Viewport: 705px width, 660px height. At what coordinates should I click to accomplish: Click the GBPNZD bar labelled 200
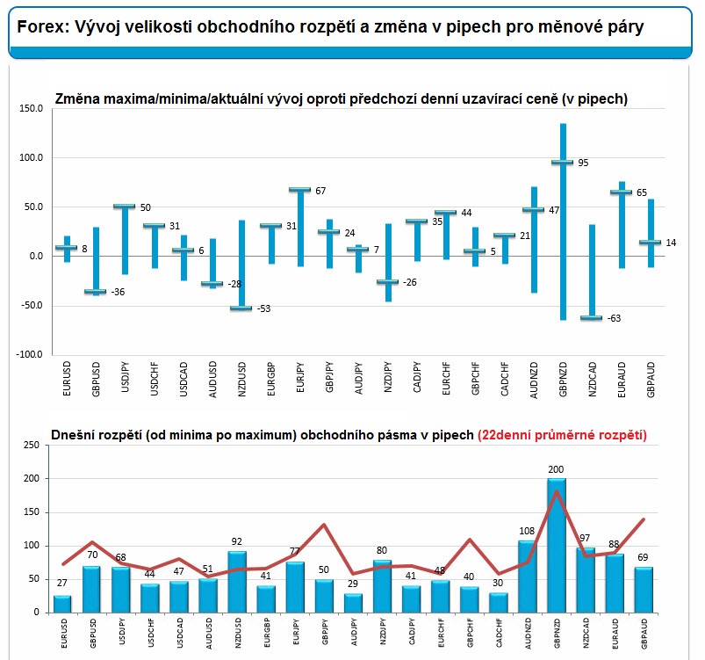pos(556,545)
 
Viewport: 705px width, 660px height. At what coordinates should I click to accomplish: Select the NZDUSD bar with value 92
pos(237,582)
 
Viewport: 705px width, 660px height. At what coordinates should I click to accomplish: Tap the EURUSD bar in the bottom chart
pos(62,604)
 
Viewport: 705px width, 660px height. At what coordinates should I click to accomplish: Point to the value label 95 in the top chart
pos(583,163)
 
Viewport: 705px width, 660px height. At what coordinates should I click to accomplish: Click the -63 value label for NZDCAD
pos(614,318)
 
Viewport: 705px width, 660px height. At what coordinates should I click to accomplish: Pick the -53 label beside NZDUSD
pos(263,308)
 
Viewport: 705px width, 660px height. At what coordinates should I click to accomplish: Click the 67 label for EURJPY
pos(320,191)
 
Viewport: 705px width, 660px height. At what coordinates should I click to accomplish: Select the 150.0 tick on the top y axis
pos(31,108)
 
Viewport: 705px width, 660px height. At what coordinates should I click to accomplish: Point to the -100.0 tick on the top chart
pos(29,354)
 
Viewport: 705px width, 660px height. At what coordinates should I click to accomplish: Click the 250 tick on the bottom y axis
pos(32,445)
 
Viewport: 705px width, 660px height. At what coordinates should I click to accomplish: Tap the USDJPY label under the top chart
pos(125,377)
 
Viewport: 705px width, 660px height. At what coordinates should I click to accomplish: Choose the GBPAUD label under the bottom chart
pos(644,634)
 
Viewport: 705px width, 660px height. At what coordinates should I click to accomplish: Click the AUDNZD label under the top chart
pos(534,380)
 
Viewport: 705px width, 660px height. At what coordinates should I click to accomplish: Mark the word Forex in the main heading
pos(43,27)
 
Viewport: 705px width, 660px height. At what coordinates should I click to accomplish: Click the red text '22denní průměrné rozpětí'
pos(562,435)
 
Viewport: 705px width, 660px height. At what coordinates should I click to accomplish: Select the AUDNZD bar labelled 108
pos(527,577)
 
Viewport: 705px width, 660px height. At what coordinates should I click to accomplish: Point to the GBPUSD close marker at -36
pos(96,291)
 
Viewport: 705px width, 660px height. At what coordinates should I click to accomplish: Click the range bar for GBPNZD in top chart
pos(563,221)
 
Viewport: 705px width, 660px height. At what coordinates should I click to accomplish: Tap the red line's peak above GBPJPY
pos(324,525)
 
